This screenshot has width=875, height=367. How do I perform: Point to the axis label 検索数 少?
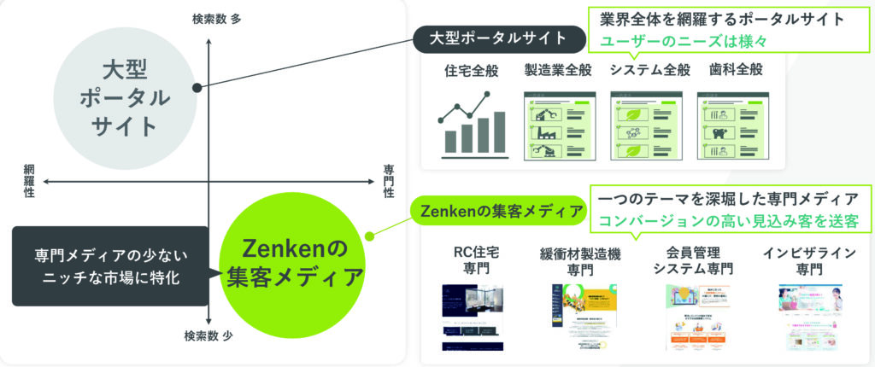(x=208, y=336)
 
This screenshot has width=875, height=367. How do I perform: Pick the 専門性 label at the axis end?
(x=389, y=181)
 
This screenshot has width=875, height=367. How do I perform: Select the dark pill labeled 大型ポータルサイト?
(x=499, y=38)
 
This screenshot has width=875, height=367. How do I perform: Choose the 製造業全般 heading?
(x=557, y=70)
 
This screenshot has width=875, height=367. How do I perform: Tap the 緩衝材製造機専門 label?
(x=582, y=261)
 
